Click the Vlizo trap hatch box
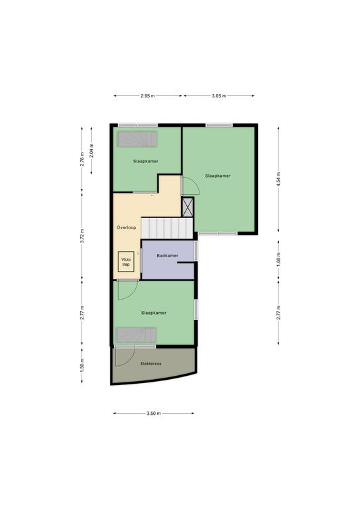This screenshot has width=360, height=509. tap(126, 262)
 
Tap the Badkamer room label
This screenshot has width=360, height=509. tap(167, 255)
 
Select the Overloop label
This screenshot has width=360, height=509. tap(126, 227)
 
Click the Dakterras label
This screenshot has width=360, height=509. tap(151, 364)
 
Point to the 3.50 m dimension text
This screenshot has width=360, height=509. tap(154, 414)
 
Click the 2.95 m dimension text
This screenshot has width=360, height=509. tap(148, 95)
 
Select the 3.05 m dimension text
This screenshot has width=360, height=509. tap(219, 95)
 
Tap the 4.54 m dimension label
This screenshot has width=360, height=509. tap(278, 179)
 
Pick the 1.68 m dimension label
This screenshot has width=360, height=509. tap(278, 259)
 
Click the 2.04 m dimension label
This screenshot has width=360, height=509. tap(91, 150)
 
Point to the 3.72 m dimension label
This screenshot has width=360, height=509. tap(82, 236)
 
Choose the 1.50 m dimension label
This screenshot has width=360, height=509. tap(82, 366)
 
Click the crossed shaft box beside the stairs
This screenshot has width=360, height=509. tap(188, 207)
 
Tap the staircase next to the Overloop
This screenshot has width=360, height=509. tap(167, 228)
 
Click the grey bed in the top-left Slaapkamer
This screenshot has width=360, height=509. tap(137, 139)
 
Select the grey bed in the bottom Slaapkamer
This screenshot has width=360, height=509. tap(137, 335)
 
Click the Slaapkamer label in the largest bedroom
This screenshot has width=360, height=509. tap(218, 176)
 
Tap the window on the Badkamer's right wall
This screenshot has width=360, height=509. tap(196, 251)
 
